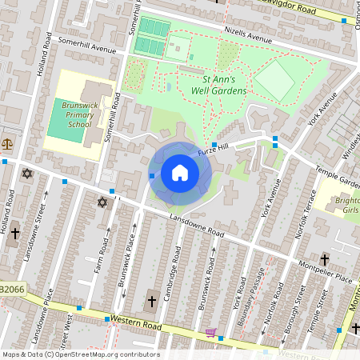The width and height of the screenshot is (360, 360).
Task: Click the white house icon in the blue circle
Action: [x=180, y=172]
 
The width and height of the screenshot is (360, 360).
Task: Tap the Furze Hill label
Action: [x=236, y=146]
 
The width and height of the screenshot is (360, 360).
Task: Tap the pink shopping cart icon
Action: [x=210, y=332]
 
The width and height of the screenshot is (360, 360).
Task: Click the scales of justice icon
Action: [x=7, y=145]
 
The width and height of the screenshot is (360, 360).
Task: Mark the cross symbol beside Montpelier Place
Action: [x=324, y=259]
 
